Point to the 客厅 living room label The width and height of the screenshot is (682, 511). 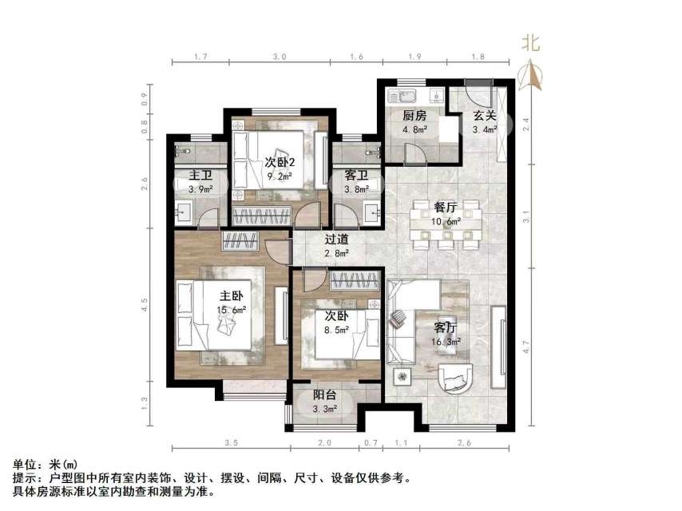click(445, 327)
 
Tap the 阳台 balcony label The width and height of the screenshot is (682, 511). click(323, 394)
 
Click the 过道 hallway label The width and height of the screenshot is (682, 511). click(336, 238)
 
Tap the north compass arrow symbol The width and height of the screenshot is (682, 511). click(530, 76)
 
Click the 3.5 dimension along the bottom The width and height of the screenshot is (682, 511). click(232, 442)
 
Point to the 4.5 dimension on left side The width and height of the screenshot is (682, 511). click(144, 305)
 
